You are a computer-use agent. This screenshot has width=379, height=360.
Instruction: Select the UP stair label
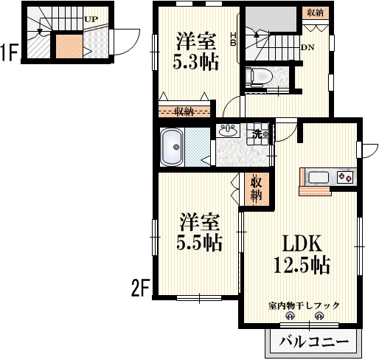click(x=92, y=20)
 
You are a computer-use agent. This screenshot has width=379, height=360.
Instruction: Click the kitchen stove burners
click(x=345, y=177)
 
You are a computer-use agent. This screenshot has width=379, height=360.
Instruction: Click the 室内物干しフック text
click(x=302, y=305)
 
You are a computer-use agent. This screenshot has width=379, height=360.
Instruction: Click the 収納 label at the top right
click(x=315, y=13)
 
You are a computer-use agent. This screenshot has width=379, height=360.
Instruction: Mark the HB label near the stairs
click(x=234, y=38)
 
